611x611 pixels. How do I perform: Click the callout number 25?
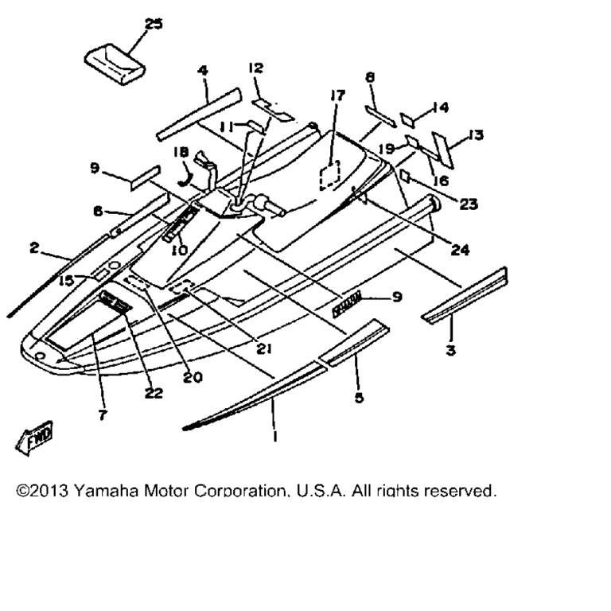pos(153,25)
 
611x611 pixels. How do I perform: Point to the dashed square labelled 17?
pos(330,177)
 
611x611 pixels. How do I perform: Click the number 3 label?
pos(451,351)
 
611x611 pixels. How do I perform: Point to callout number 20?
pos(191,378)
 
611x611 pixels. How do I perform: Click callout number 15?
pos(66,280)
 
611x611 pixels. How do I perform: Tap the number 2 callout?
pos(35,249)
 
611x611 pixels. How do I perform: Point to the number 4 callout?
pos(202,71)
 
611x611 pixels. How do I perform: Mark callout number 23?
pos(468,204)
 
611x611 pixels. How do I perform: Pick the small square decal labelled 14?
pos(407,119)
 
